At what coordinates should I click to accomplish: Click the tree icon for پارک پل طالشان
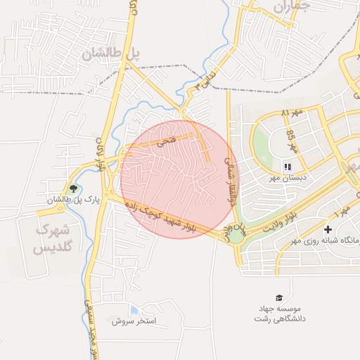coord(72,188)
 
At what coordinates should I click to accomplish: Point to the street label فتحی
coord(166,141)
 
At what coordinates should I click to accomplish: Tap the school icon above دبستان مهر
coord(288,167)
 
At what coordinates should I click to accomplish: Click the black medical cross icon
coord(328,230)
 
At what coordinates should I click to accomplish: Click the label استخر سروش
coord(138,321)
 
